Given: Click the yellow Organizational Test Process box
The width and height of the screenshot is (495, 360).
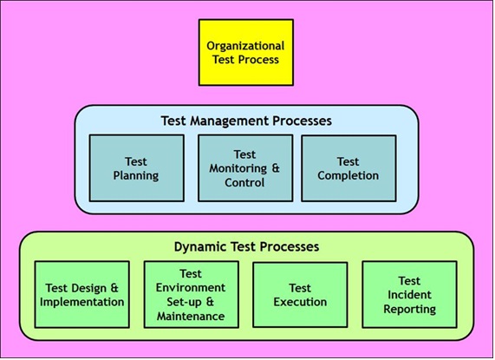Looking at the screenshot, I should (246, 51).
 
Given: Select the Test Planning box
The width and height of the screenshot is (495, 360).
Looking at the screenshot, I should (136, 167).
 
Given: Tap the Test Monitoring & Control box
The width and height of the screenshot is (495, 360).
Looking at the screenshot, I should (245, 167).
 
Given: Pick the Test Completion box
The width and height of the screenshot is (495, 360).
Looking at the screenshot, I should (348, 167).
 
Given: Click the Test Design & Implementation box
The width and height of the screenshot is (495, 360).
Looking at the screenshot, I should (82, 295).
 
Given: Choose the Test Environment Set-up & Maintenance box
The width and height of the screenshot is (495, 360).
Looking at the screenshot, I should (191, 295).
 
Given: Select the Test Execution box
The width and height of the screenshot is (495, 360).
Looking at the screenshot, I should (300, 295).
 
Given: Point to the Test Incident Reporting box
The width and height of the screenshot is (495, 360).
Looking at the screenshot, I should (409, 295).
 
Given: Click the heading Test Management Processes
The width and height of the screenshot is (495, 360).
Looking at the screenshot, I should (246, 120).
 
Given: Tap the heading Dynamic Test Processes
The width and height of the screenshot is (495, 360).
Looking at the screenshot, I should (246, 246).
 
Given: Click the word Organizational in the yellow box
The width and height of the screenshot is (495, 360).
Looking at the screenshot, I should (246, 44).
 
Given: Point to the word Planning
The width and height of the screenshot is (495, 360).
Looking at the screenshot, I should (136, 175).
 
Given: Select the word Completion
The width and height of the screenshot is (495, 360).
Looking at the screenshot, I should (348, 175).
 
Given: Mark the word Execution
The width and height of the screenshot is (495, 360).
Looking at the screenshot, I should (300, 302).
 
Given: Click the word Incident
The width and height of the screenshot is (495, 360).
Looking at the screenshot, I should (409, 295).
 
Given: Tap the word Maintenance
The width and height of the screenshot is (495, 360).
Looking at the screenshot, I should (192, 317).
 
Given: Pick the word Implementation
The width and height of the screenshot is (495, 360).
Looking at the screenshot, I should (82, 302).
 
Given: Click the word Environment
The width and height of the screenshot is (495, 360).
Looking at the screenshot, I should (191, 287).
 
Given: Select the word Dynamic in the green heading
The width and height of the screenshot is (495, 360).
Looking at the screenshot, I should (198, 246).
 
